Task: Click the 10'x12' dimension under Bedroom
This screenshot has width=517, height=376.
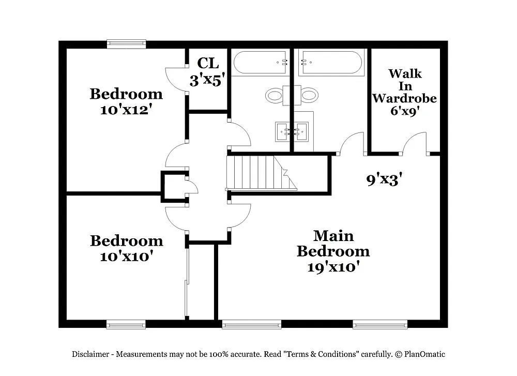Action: tap(126, 110)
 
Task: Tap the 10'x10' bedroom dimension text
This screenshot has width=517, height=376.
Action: tap(126, 257)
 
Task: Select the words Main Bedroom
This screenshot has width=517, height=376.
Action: tap(333, 244)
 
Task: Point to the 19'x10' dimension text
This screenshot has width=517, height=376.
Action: tap(333, 267)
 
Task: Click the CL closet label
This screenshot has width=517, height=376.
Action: tap(208, 64)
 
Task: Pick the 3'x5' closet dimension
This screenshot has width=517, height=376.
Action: tap(208, 81)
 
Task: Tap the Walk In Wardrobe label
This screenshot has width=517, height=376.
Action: tap(405, 86)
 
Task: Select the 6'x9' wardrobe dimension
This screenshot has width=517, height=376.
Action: tap(405, 111)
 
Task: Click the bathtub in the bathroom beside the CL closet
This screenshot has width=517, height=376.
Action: tap(261, 62)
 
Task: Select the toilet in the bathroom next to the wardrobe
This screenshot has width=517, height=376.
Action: tap(309, 95)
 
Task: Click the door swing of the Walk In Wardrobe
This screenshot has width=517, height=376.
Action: tap(415, 144)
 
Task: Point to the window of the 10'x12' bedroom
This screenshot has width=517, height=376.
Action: tap(126, 44)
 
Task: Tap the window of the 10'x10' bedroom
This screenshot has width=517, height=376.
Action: tap(126, 324)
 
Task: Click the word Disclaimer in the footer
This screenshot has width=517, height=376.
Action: tap(90, 354)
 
